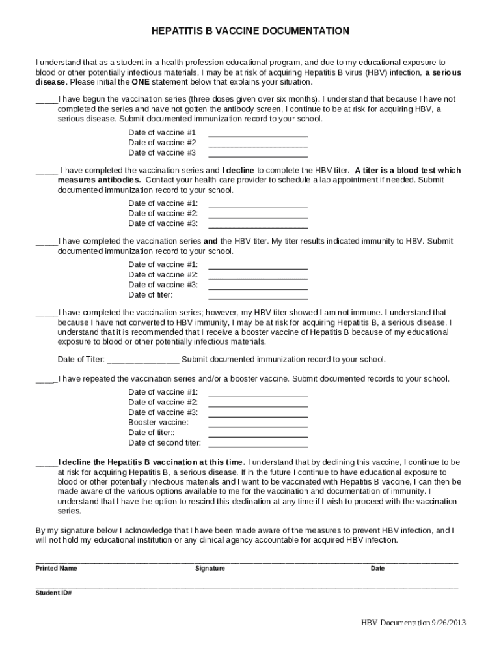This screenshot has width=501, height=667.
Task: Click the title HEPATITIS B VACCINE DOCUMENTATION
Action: click(x=251, y=31)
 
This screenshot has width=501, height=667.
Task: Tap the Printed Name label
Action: click(x=56, y=568)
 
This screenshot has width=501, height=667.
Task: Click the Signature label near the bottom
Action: click(x=210, y=568)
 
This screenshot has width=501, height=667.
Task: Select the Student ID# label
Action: click(x=53, y=593)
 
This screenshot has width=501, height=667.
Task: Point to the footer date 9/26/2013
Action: click(x=448, y=622)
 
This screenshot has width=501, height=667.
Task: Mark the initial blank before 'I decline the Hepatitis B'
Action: click(x=46, y=464)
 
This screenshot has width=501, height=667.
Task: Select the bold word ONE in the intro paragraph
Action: click(x=140, y=83)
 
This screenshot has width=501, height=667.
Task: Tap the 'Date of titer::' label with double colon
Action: click(x=152, y=433)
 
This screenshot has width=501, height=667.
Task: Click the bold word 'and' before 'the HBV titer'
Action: click(x=210, y=241)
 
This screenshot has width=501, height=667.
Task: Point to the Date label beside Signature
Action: click(x=377, y=568)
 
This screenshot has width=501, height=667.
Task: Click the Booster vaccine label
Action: click(x=158, y=422)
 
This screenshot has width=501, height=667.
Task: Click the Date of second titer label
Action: click(x=165, y=443)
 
